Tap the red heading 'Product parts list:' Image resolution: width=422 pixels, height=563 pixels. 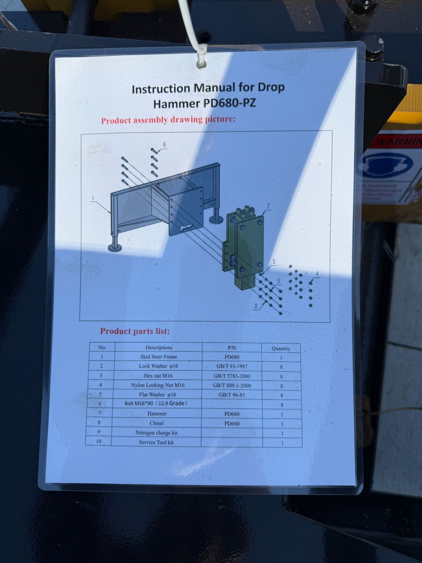tap(135, 331)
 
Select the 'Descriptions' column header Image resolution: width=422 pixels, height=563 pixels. tap(159, 348)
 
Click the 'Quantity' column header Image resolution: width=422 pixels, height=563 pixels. tap(281, 348)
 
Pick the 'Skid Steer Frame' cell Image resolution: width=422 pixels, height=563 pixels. tap(159, 357)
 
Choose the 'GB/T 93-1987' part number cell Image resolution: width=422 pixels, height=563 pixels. tap(232, 366)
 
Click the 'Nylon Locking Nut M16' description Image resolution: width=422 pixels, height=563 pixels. tap(158, 385)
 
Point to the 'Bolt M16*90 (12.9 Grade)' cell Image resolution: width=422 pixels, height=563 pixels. tap(156, 403)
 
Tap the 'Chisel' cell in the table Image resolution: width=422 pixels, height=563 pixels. tap(157, 423)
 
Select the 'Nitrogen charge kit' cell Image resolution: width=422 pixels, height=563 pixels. tap(156, 433)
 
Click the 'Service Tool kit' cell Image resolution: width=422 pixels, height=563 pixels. tap(156, 442)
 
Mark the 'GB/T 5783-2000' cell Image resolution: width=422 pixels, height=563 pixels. tap(232, 376)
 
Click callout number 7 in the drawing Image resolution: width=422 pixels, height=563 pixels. tap(268, 206)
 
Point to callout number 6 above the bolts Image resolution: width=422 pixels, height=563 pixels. tap(165, 145)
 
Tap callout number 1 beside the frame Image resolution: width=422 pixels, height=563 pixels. tap(93, 198)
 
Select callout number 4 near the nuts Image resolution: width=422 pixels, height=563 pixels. tap(317, 274)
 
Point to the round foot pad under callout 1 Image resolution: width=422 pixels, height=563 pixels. tap(115, 248)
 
